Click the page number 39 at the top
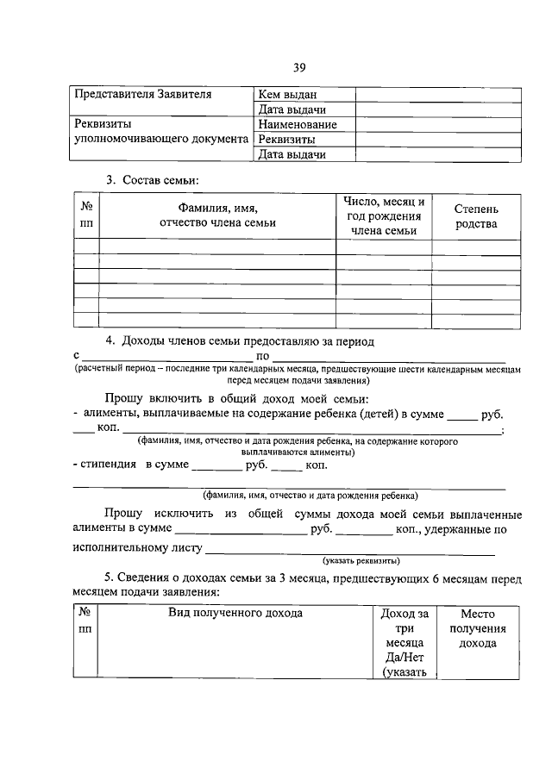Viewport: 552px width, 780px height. pyautogui.click(x=298, y=67)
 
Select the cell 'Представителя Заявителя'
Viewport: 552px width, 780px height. pyautogui.click(x=141, y=94)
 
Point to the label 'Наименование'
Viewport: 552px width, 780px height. pyautogui.click(x=297, y=124)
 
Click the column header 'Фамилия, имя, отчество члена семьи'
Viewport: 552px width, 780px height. pyautogui.click(x=217, y=215)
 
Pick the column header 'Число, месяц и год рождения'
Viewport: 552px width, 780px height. pyautogui.click(x=383, y=215)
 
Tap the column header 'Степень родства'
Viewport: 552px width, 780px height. pyautogui.click(x=475, y=216)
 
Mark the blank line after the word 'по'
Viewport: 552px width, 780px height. pyautogui.click(x=388, y=356)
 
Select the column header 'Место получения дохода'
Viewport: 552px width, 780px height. pyautogui.click(x=476, y=628)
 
